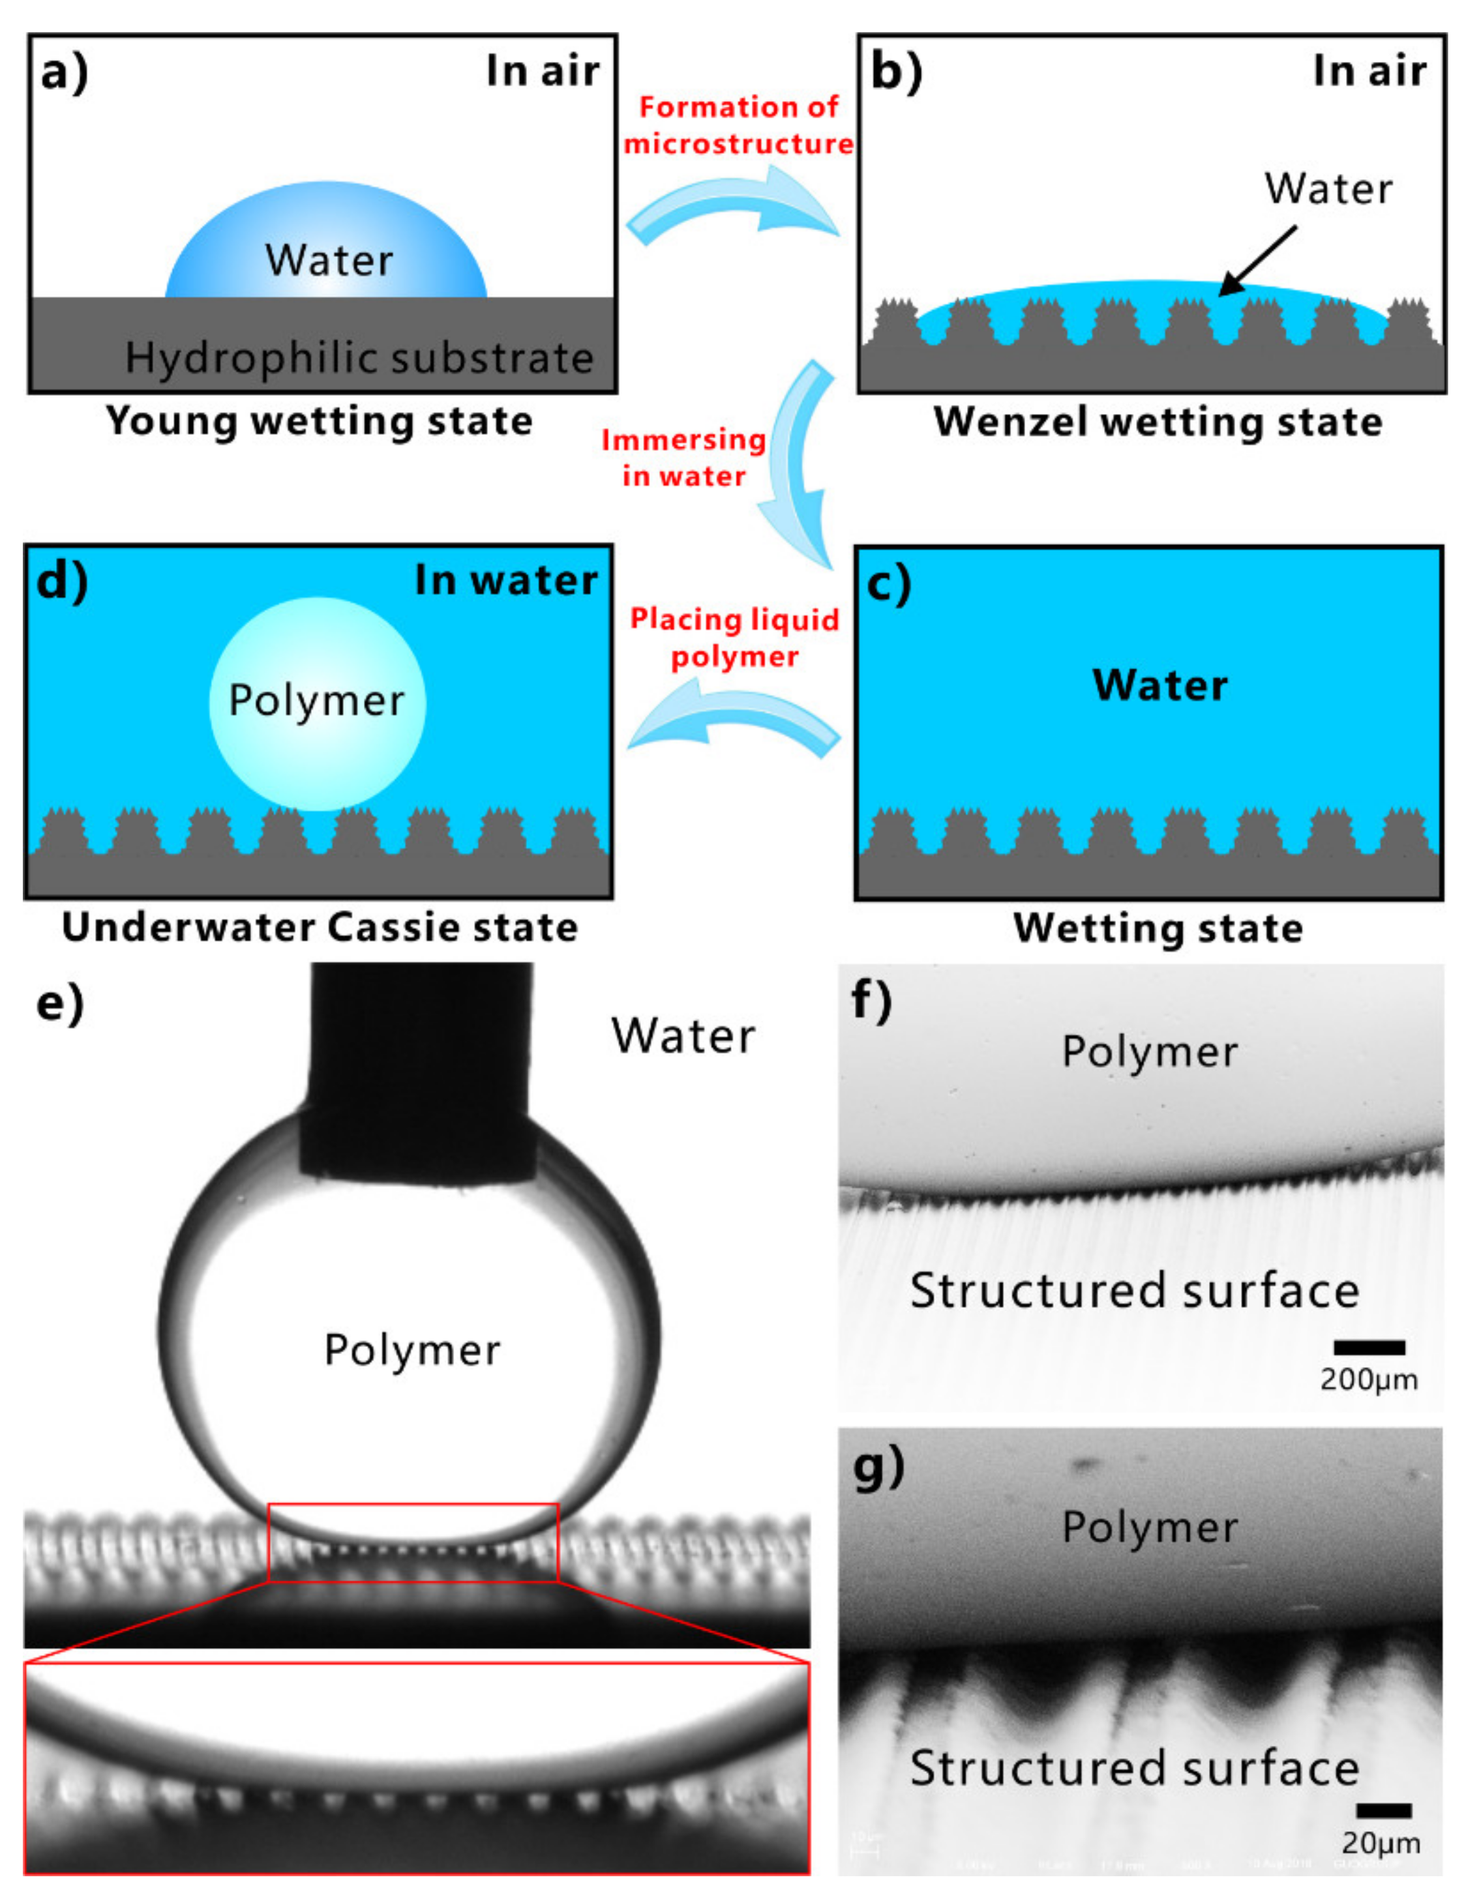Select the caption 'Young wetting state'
pos(319,421)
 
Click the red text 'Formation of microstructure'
pos(738,125)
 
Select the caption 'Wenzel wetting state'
pos(1158,422)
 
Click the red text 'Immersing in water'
pos(683,457)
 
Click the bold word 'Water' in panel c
pos(1159,685)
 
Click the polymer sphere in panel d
pos(317,703)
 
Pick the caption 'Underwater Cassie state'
pos(320,927)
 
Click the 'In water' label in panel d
pos(506,580)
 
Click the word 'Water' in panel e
pos(683,1036)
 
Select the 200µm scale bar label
pos(1368,1379)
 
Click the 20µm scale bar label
pos(1381,1843)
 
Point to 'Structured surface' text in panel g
pos(1133,1768)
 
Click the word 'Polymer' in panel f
pos(1149,1052)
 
